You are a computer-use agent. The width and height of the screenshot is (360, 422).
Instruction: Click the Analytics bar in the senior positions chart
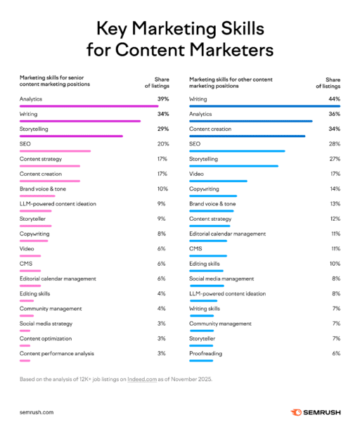(89, 106)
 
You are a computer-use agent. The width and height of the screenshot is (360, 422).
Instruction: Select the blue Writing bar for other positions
(264, 106)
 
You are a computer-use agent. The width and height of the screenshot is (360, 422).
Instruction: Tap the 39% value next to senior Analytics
(162, 99)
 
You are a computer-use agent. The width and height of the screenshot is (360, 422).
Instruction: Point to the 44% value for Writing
(334, 99)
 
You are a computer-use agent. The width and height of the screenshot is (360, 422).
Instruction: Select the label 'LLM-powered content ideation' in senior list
(58, 204)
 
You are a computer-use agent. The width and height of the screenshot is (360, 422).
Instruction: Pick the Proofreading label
(206, 353)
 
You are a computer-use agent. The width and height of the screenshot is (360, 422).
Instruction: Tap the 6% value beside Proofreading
(335, 353)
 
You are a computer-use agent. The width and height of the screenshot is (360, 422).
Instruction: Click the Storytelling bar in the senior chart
(71, 136)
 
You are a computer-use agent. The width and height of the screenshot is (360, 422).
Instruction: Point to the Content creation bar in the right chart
(247, 136)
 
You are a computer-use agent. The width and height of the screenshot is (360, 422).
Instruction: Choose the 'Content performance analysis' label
(57, 353)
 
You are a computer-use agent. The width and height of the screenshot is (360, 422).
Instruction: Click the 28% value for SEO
(334, 144)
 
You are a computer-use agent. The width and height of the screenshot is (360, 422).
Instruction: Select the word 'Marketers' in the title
(226, 51)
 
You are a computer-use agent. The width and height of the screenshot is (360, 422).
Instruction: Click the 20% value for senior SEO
(162, 144)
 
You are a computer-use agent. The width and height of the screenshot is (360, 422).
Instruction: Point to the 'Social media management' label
(221, 279)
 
